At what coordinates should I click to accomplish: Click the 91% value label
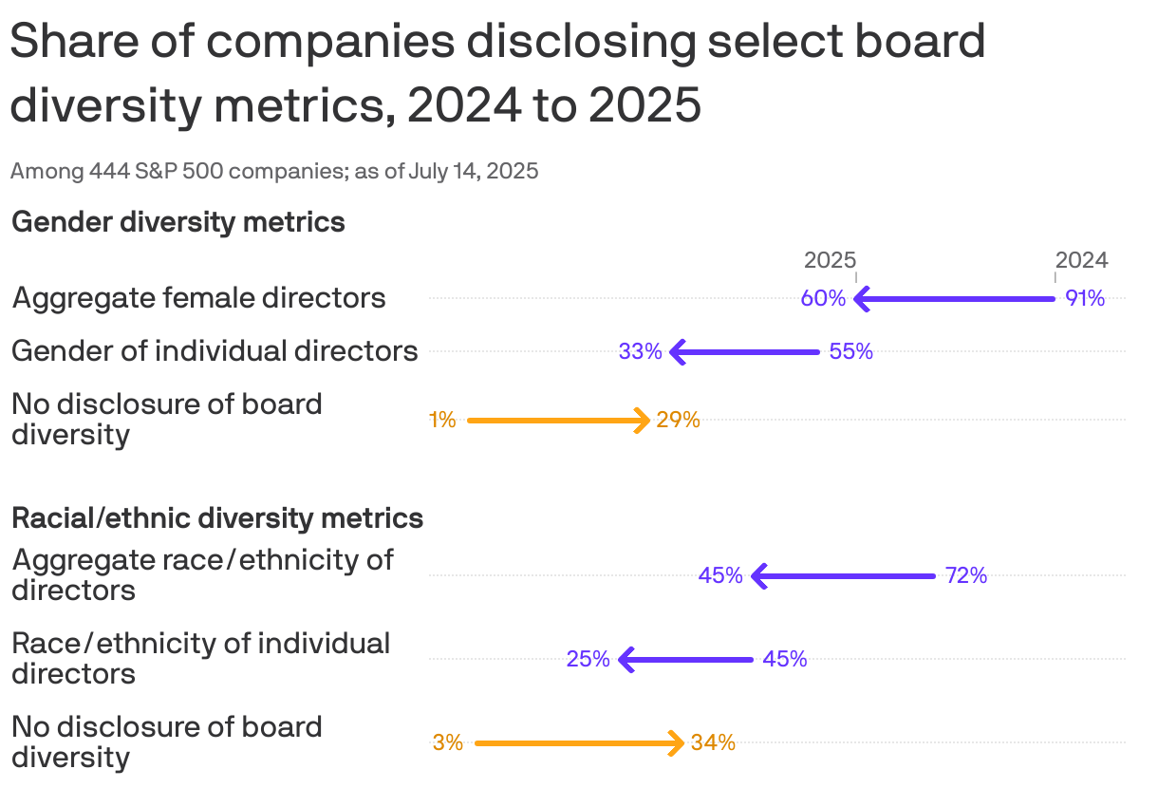point(1085,298)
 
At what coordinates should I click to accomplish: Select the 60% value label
point(823,298)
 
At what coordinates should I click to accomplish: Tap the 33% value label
point(641,351)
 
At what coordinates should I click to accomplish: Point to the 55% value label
point(850,351)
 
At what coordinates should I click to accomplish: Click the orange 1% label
point(442,420)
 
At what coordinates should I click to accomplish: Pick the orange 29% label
point(678,420)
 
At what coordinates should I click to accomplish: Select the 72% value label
point(966,575)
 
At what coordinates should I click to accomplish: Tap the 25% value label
point(588,659)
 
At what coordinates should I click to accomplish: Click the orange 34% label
point(713,742)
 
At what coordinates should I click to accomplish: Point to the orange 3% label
point(448,742)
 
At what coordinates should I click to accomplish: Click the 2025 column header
point(830,260)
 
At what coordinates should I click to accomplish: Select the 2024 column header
point(1081,260)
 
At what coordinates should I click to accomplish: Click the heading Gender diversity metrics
point(177,222)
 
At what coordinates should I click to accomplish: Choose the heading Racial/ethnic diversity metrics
point(217,518)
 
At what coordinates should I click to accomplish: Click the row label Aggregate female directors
point(198,298)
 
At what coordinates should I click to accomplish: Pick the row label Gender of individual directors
point(215,351)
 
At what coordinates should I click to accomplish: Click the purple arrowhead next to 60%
point(861,299)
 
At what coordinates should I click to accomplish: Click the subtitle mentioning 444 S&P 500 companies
point(274,172)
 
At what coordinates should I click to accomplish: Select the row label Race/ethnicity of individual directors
point(200,658)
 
